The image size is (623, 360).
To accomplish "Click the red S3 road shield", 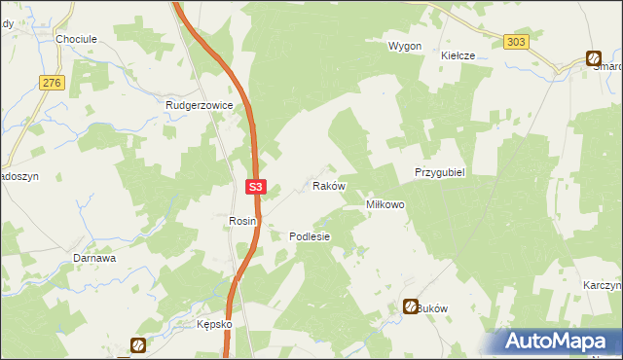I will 255,186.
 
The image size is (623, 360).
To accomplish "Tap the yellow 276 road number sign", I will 52,84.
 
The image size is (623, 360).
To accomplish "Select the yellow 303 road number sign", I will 516,41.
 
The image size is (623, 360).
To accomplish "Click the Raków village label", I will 328,185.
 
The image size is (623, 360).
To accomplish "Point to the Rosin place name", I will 242,221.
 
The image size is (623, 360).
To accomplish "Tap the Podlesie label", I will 311,236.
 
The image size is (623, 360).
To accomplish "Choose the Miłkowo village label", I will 385,205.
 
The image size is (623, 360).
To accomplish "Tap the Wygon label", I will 405,47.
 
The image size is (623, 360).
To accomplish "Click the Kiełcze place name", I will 458,56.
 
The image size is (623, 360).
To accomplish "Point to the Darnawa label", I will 95,259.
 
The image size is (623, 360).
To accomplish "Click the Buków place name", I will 433,307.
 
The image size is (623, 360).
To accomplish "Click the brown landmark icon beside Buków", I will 411,306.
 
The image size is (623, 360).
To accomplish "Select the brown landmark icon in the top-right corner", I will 593,57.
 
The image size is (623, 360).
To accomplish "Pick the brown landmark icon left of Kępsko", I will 138,344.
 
